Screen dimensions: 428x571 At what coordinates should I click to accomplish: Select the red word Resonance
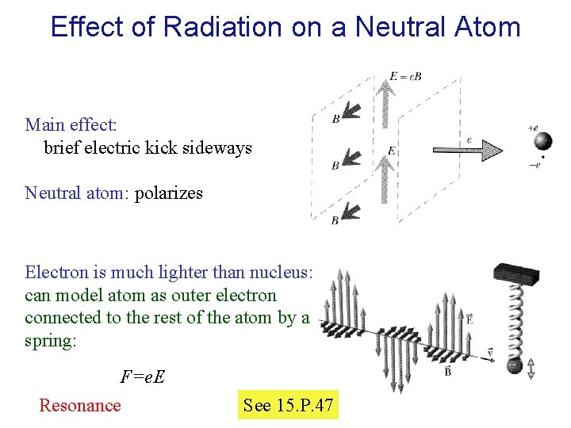pyautogui.click(x=80, y=406)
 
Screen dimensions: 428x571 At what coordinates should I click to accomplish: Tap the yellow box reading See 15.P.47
pyautogui.click(x=288, y=406)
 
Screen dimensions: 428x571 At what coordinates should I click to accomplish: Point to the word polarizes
pyautogui.click(x=169, y=193)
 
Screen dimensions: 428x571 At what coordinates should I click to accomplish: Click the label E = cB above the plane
pyautogui.click(x=405, y=77)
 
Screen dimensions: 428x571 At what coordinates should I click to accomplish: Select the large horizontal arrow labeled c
pyautogui.click(x=468, y=149)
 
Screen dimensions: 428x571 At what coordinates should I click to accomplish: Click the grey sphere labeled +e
pyautogui.click(x=543, y=141)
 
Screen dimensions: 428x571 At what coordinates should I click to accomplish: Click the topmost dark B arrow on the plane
pyautogui.click(x=349, y=111)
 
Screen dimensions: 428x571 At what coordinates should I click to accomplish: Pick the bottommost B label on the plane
pyautogui.click(x=335, y=220)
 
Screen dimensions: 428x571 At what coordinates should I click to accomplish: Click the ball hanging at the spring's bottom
pyautogui.click(x=515, y=366)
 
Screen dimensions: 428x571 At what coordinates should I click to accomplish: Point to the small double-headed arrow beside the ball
pyautogui.click(x=531, y=368)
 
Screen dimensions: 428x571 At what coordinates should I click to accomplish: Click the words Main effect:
pyautogui.click(x=71, y=124)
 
